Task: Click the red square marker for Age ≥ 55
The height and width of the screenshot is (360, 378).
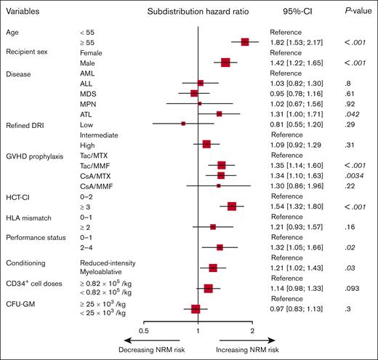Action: (x=245, y=43)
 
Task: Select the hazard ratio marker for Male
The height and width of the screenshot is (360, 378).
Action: (x=225, y=63)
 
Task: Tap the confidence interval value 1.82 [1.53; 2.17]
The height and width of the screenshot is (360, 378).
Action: (x=297, y=43)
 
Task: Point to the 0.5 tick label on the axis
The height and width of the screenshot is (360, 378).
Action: (x=144, y=331)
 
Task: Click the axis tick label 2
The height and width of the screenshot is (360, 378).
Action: (x=252, y=331)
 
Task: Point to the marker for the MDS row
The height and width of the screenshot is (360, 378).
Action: (x=194, y=94)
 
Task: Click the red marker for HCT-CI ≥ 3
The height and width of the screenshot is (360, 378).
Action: (x=232, y=207)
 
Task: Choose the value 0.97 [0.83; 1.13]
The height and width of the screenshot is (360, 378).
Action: (x=297, y=309)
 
